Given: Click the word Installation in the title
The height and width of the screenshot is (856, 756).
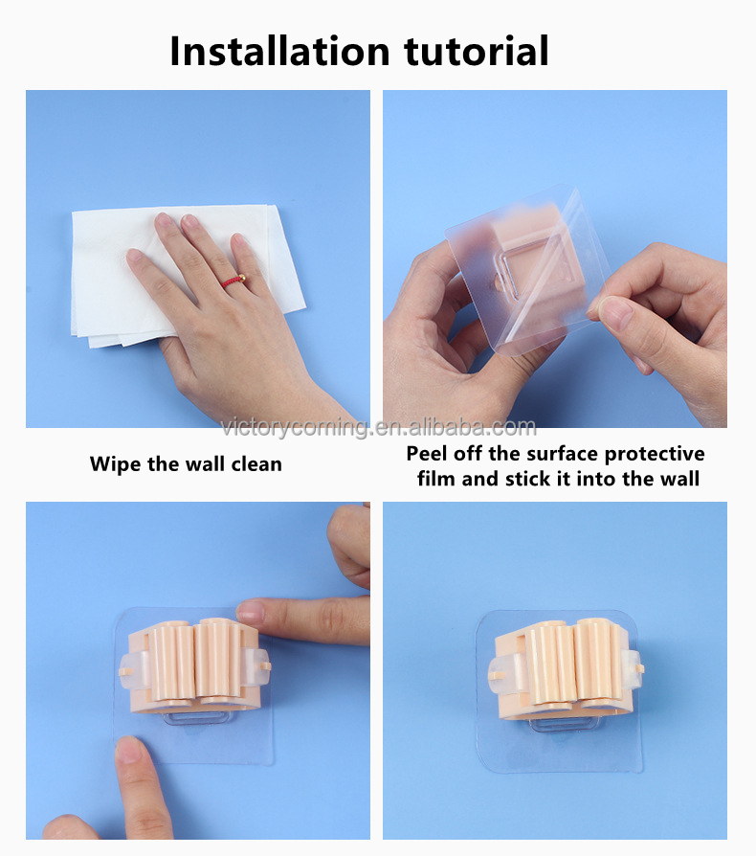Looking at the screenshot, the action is coord(279,51).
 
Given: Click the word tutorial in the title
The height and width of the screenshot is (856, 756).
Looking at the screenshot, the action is coord(477,51).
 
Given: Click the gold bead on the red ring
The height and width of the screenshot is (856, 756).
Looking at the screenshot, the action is coord(242,279).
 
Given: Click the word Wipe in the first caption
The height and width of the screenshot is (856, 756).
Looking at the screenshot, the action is coord(116,464).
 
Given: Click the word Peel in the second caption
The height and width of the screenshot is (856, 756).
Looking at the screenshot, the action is coord(427,454).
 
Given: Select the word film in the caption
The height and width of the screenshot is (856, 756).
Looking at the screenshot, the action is coord(436,479).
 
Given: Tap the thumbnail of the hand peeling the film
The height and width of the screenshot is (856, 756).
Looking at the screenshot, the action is coord(555,259).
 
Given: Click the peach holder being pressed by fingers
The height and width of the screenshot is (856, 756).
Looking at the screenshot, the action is coord(193,666).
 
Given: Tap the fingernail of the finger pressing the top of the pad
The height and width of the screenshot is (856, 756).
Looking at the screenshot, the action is coord(251,613).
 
